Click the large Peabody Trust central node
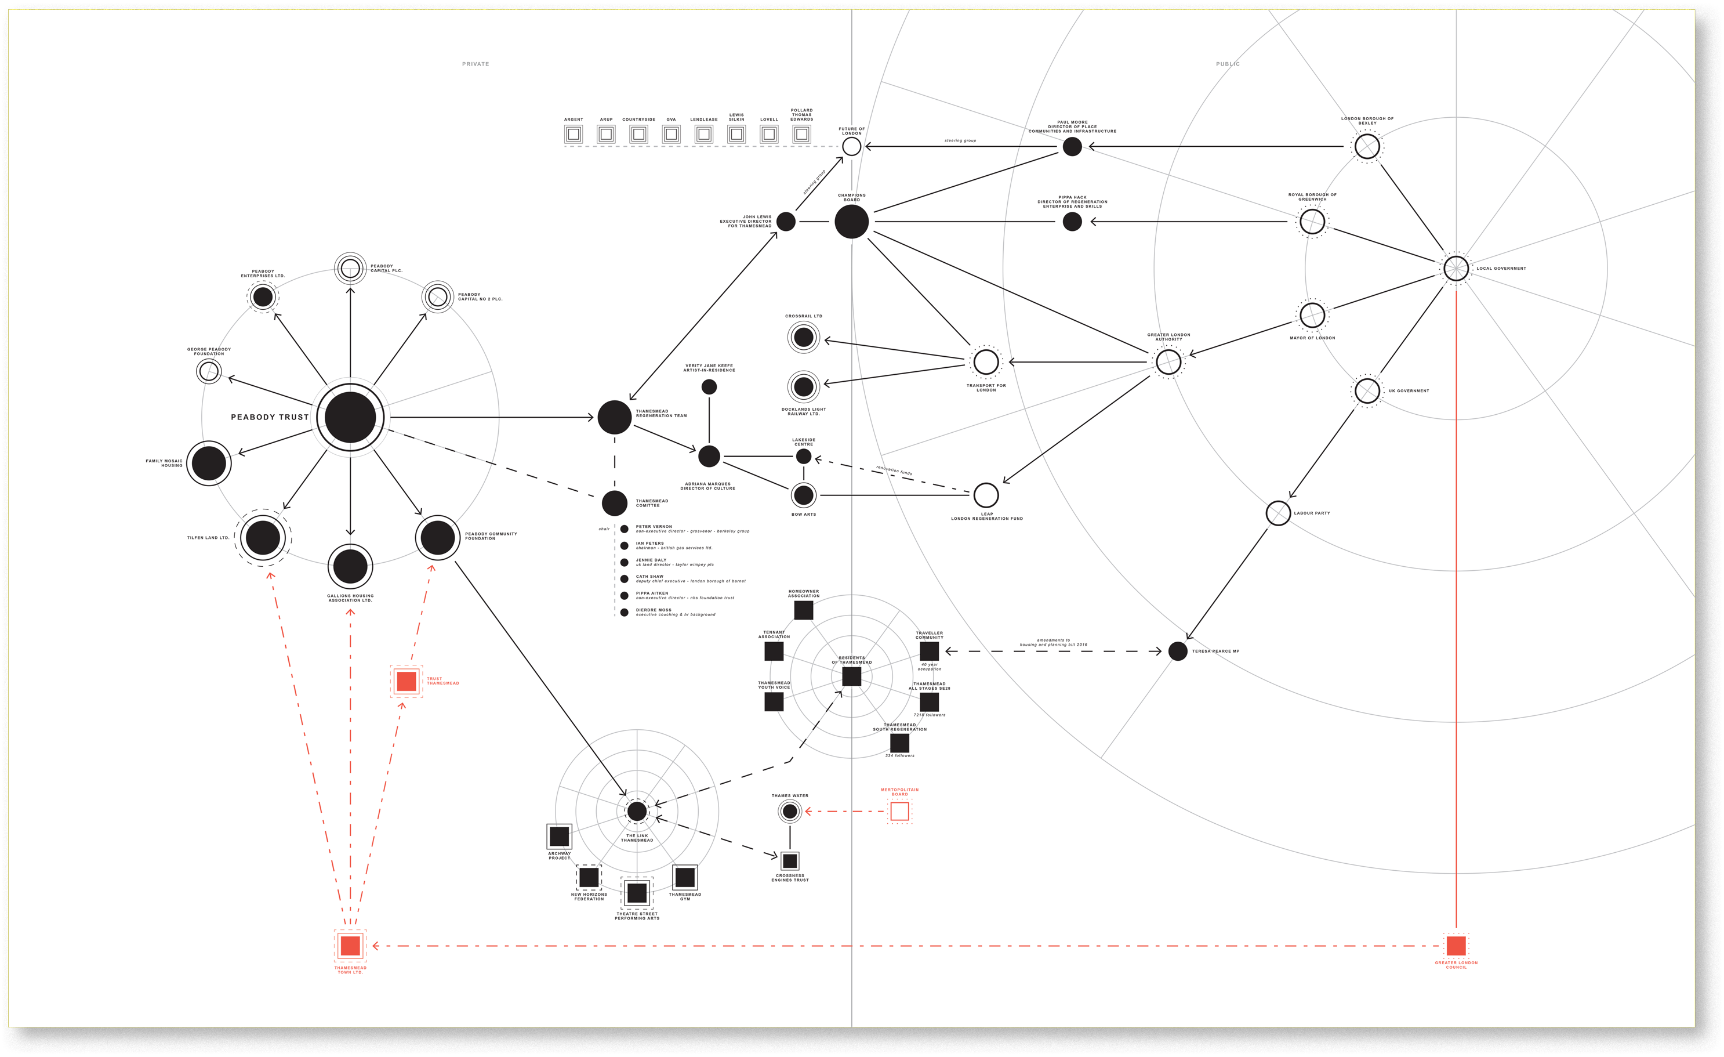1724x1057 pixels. click(x=350, y=417)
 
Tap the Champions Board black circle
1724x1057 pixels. click(x=851, y=222)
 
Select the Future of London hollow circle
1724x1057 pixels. click(x=851, y=146)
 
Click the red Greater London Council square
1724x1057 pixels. click(x=1456, y=946)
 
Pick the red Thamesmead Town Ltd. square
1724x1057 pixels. click(x=350, y=946)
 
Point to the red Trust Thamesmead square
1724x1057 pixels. click(x=406, y=681)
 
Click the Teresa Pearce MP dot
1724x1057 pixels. click(x=1178, y=651)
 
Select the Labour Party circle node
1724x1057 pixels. click(x=1278, y=513)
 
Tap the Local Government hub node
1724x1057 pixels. click(x=1456, y=268)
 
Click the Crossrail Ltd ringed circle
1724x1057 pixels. click(x=803, y=338)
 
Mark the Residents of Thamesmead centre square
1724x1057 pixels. click(x=851, y=676)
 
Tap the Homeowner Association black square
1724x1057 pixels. click(x=803, y=610)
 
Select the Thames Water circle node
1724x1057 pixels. click(x=790, y=811)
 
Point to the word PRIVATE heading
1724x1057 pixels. click(x=476, y=64)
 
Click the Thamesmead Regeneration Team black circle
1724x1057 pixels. click(x=614, y=417)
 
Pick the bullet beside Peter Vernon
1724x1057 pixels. click(x=624, y=529)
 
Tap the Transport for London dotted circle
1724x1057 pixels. click(x=986, y=362)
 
